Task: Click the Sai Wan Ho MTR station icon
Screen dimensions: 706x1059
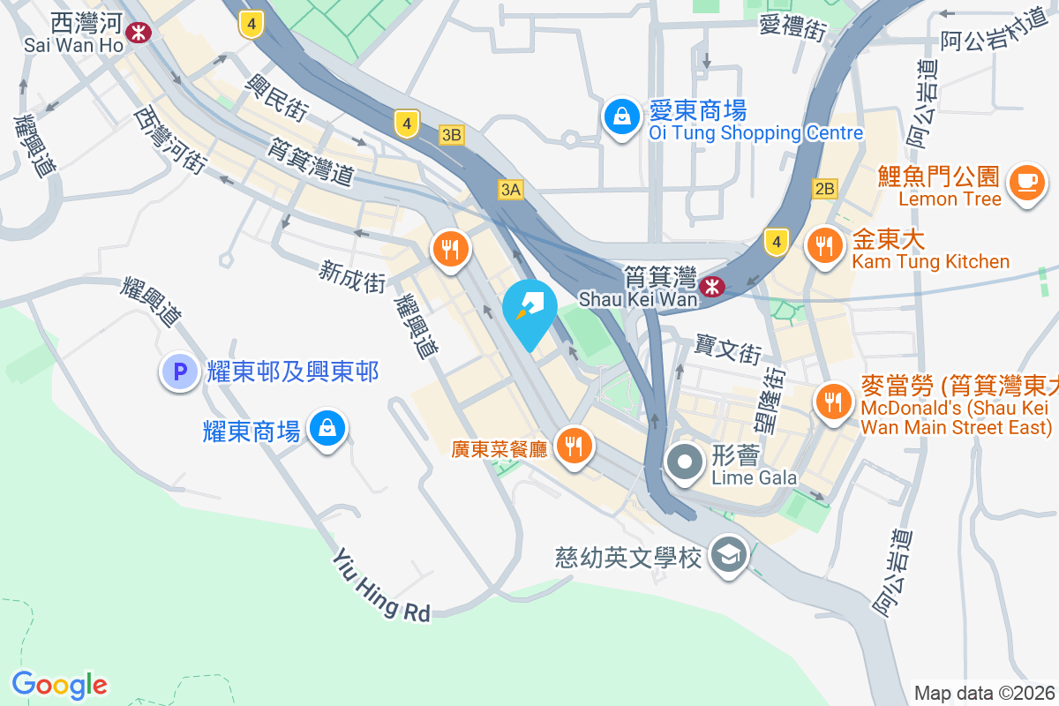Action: (x=138, y=33)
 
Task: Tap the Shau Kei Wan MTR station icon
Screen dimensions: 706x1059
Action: (x=711, y=286)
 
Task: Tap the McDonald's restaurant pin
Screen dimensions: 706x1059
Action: (x=832, y=403)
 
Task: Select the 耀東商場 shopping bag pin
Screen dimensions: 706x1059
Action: (x=327, y=430)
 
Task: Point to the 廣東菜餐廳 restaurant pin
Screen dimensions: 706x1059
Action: (x=575, y=446)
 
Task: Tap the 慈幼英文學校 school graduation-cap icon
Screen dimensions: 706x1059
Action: (x=730, y=556)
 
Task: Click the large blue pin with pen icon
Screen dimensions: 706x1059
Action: (x=529, y=311)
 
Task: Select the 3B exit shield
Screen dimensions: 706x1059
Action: (x=452, y=135)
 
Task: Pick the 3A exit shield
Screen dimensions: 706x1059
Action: (x=510, y=189)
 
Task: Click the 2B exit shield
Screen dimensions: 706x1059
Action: (x=824, y=189)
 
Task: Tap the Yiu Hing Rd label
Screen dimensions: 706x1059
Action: (x=381, y=585)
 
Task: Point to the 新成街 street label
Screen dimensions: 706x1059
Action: (x=353, y=277)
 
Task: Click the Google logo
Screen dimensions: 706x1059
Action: (x=60, y=685)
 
